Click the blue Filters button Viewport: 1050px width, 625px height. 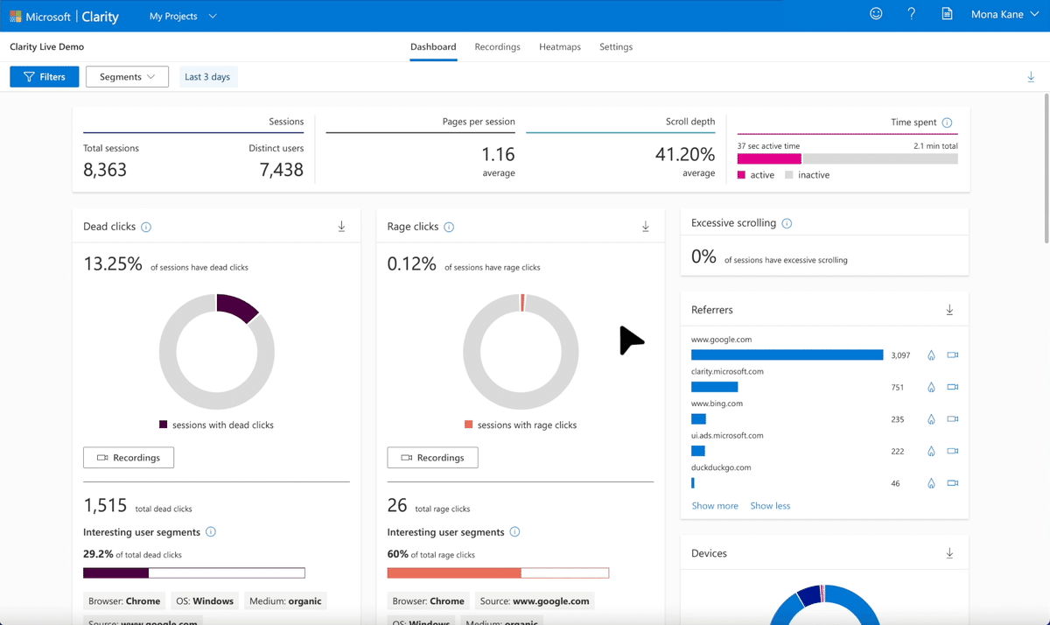(x=45, y=77)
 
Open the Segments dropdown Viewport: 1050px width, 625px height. (x=127, y=77)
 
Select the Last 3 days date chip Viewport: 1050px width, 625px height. (x=207, y=77)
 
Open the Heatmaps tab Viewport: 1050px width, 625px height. (x=560, y=47)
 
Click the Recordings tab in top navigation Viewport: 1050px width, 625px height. (x=497, y=47)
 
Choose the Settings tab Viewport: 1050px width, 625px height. (x=616, y=47)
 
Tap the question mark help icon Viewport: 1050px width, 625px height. (x=911, y=15)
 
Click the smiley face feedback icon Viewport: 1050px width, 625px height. (x=876, y=15)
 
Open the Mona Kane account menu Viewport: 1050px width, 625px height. (x=1004, y=15)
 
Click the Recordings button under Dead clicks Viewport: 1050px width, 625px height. (x=129, y=458)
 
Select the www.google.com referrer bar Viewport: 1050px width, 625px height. (x=787, y=355)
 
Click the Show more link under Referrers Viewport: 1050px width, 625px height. (x=715, y=506)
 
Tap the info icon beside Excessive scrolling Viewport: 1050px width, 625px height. (x=787, y=224)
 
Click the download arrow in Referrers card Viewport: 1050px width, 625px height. (x=949, y=310)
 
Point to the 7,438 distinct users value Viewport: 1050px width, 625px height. (x=281, y=170)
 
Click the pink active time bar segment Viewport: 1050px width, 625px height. (x=769, y=159)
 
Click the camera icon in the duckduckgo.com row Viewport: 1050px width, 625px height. (x=953, y=483)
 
